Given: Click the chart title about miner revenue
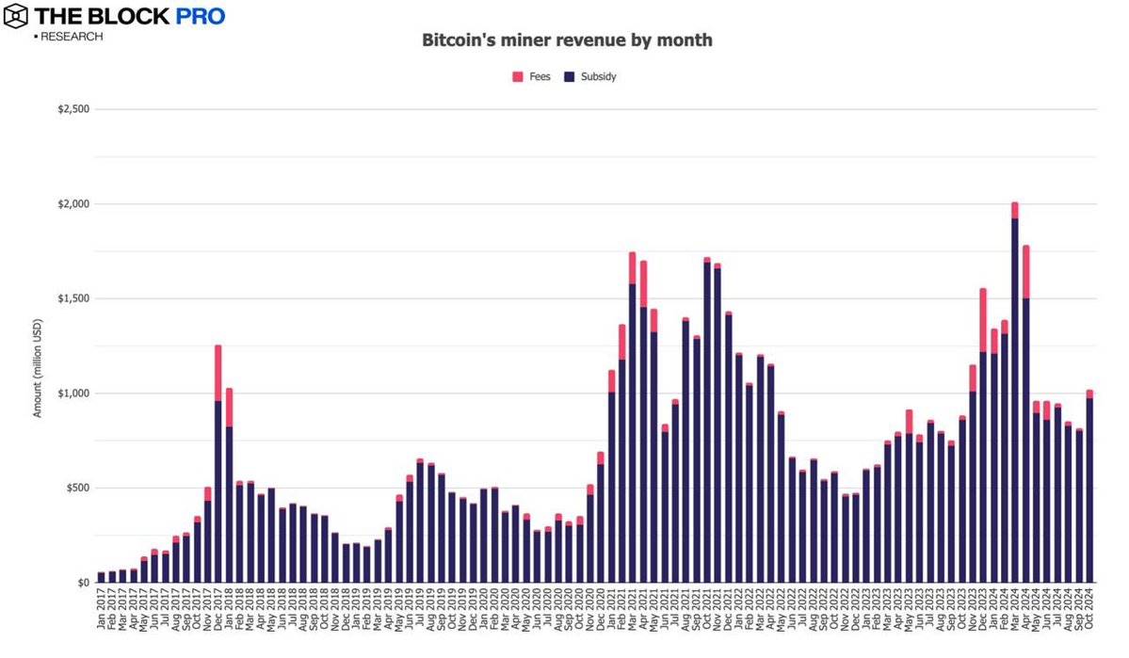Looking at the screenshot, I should tap(565, 40).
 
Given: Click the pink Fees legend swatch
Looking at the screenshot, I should tap(518, 76).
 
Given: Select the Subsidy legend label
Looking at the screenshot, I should tap(598, 76).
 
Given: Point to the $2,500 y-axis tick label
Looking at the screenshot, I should tap(73, 109).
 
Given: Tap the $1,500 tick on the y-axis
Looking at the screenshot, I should tap(73, 298).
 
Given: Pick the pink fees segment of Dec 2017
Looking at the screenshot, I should tap(218, 373).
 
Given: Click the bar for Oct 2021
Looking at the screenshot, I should tap(706, 424).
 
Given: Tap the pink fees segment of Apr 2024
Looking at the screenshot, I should tap(1025, 272).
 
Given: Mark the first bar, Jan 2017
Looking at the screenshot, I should tap(101, 577).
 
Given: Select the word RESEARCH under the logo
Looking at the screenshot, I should tap(71, 37).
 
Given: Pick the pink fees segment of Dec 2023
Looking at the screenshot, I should tap(982, 320).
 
